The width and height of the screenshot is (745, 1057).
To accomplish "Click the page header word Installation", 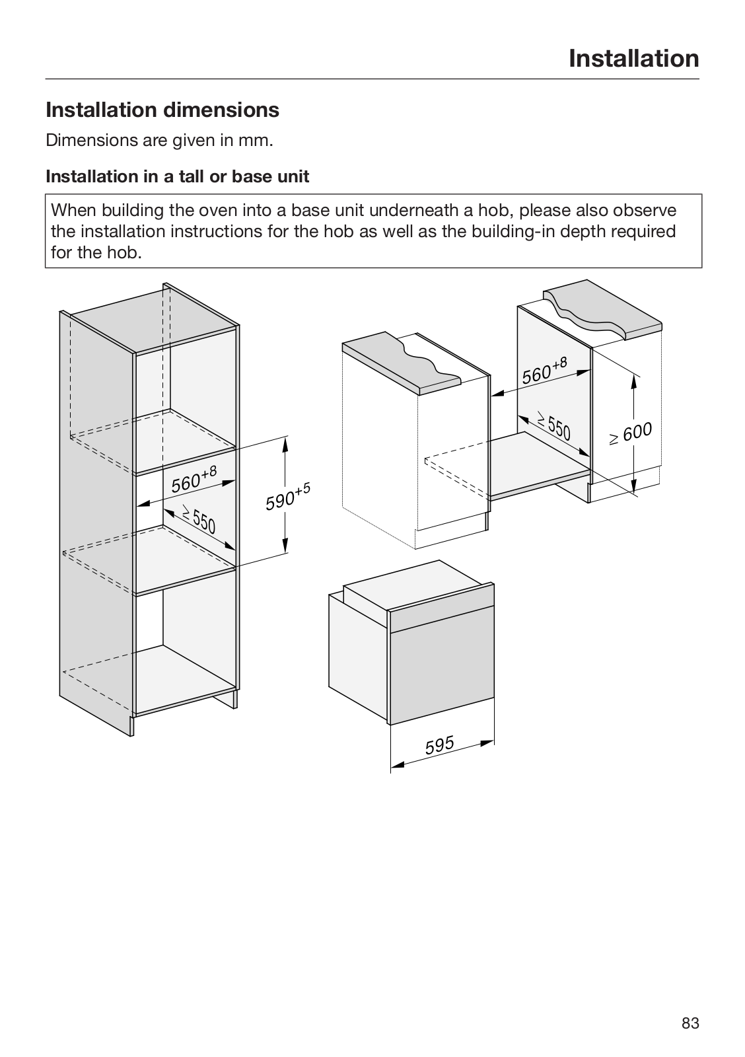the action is coord(633,59).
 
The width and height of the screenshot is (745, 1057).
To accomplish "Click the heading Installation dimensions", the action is coord(162,110).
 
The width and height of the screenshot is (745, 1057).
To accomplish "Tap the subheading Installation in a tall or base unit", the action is coord(177,176).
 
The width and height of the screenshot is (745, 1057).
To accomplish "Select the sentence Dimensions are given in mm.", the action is coord(159,141).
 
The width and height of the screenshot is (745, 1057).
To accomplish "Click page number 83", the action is coord(690,1023).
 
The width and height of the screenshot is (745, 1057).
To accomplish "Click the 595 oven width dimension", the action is coord(440,745).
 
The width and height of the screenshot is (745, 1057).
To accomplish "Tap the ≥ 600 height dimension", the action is coord(631,433).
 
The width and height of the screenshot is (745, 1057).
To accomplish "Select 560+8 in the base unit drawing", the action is coord(544,371).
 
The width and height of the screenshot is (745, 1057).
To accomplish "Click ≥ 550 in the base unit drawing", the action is coord(553,426).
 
